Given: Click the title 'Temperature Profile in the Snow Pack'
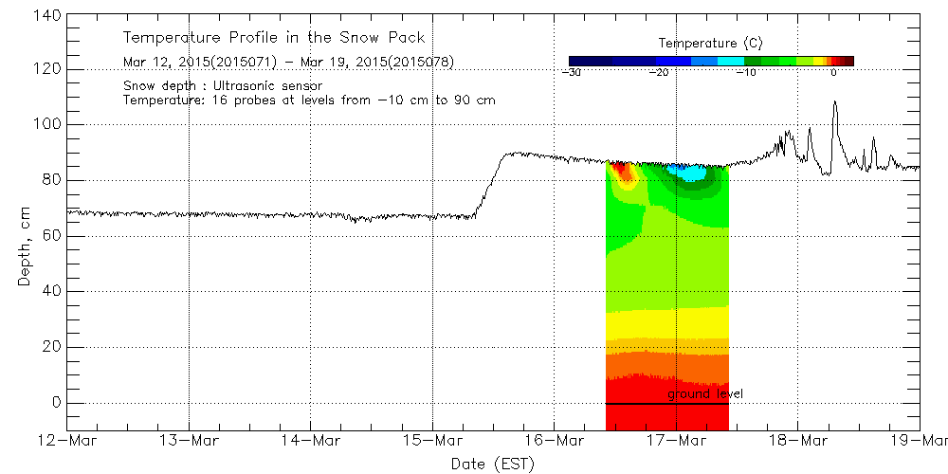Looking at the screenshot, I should click(x=274, y=38).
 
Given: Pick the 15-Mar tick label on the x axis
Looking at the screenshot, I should click(x=432, y=441).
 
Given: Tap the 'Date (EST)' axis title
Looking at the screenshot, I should click(x=492, y=464).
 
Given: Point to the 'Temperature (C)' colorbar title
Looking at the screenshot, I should click(x=710, y=44).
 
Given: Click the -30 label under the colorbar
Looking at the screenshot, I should click(x=571, y=73).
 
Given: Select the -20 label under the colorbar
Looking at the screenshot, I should click(x=662, y=73).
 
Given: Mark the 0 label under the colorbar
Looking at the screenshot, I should click(x=833, y=73).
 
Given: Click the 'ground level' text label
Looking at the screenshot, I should click(x=705, y=393).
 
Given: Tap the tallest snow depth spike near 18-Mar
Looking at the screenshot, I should click(x=834, y=102).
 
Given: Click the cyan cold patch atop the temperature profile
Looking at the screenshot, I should click(x=686, y=173).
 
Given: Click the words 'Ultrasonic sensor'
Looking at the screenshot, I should click(x=268, y=86).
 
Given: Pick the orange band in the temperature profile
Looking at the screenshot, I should click(x=666, y=365).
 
